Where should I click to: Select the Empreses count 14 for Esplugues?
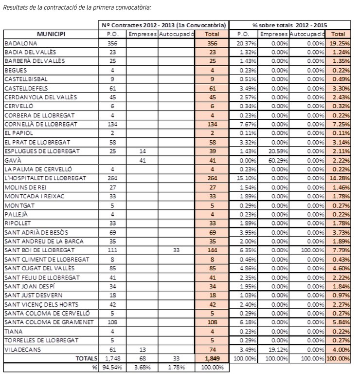coord(142,151)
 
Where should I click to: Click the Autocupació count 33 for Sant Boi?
coord(176,250)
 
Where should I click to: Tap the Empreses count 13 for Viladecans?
coord(142,349)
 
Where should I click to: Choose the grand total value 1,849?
coord(212,358)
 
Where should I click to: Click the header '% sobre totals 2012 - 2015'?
coord(290,25)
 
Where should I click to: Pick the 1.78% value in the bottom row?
coord(176,367)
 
